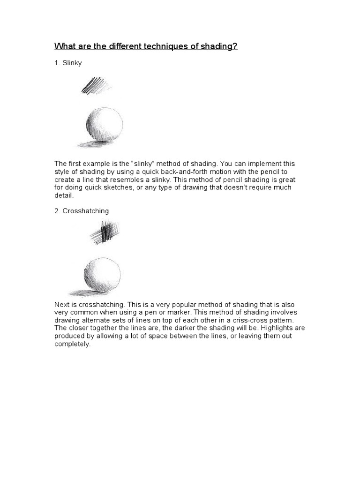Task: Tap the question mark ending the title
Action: (235, 47)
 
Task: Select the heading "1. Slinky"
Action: (68, 63)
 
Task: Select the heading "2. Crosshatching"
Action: (82, 211)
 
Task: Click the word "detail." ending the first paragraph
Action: (64, 195)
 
